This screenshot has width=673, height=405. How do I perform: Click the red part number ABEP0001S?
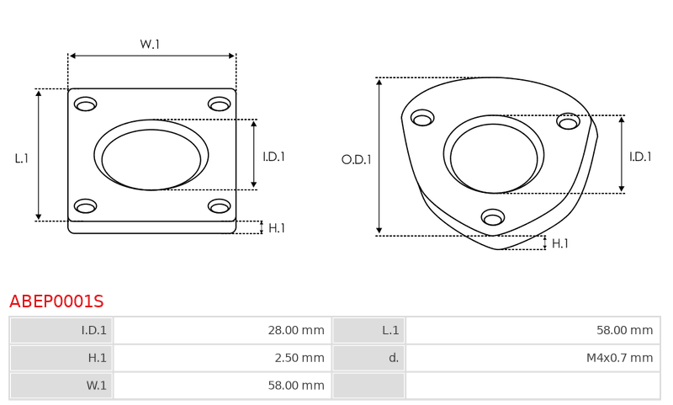coord(56,301)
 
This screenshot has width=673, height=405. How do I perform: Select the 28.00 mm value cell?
coord(222,330)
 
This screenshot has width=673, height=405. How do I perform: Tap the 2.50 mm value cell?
coord(222,358)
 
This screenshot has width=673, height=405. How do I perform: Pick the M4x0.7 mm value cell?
coord(533,358)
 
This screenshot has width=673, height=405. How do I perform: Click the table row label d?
coord(369,358)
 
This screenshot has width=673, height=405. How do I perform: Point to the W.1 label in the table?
coord(61,386)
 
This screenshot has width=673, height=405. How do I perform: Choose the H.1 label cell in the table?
coord(61,358)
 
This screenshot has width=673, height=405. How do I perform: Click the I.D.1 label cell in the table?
coord(61,330)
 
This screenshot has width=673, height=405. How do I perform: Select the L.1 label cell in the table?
coord(369,330)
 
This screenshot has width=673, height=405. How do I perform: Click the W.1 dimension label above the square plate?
coord(150,44)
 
